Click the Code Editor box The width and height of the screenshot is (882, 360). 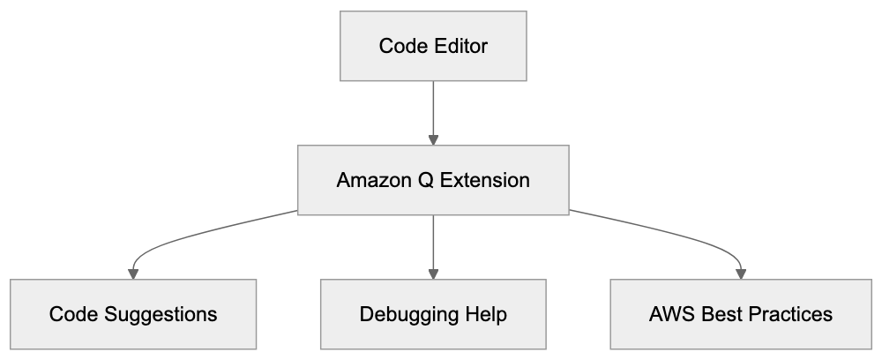tap(433, 46)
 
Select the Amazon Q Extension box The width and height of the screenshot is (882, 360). tap(433, 181)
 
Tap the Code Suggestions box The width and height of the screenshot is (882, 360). tap(133, 314)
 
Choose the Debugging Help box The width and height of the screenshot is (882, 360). tap(433, 314)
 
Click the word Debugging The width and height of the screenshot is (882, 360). tap(404, 314)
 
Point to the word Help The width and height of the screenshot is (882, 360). tap(485, 314)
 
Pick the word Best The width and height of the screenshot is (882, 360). tap(715, 314)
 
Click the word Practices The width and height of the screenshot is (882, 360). tap(783, 314)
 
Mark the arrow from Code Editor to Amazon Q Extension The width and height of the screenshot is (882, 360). tap(433, 110)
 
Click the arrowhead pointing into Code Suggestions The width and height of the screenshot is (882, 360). tap(133, 273)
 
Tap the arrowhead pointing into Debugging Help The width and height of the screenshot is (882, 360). tap(433, 273)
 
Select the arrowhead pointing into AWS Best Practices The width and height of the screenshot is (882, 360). tap(741, 273)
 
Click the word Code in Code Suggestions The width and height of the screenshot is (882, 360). tap(71, 314)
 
